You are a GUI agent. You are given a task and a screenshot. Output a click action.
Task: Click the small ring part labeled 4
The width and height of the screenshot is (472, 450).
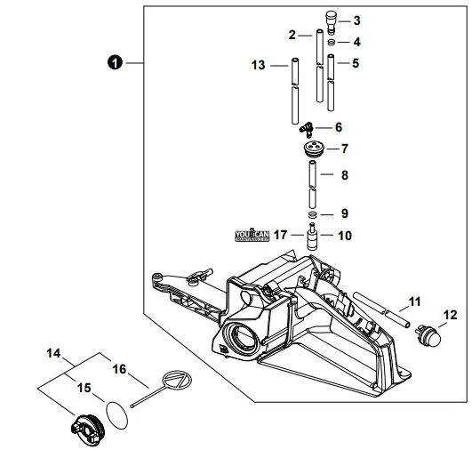pyautogui.click(x=331, y=41)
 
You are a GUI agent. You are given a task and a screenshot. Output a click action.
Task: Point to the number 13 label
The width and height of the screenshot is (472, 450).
pyautogui.click(x=258, y=65)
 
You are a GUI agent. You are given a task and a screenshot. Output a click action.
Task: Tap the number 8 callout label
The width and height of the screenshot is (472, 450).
pyautogui.click(x=344, y=175)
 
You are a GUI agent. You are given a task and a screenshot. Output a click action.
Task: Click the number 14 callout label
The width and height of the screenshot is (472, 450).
pyautogui.click(x=53, y=353)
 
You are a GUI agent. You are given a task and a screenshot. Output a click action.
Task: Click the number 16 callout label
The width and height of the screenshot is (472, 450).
pyautogui.click(x=120, y=366)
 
